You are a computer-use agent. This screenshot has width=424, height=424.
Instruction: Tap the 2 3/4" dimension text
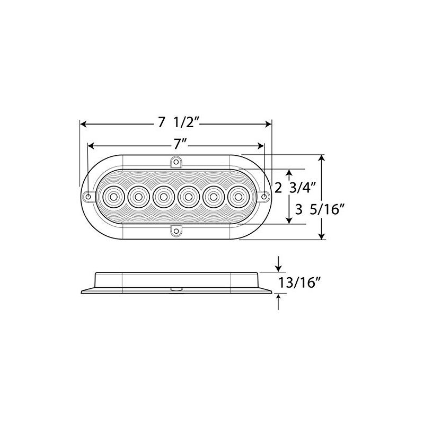tap(296, 187)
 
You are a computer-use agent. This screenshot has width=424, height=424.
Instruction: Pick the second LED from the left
tap(138, 197)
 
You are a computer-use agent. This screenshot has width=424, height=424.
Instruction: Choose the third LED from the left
tap(163, 197)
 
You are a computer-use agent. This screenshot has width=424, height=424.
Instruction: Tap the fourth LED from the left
tap(188, 197)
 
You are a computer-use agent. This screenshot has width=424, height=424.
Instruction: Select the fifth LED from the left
tap(213, 197)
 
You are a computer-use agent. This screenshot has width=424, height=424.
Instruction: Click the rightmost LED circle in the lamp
tap(237, 197)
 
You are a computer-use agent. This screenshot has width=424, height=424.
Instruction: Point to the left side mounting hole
tap(88, 197)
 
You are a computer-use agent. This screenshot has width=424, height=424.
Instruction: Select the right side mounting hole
tap(264, 197)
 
